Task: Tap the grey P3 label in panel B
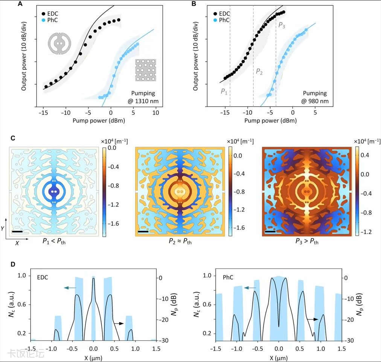point(282,26)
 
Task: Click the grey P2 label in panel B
point(259,71)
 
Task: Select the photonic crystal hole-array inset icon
point(145,70)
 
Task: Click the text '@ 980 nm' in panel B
point(315,101)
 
